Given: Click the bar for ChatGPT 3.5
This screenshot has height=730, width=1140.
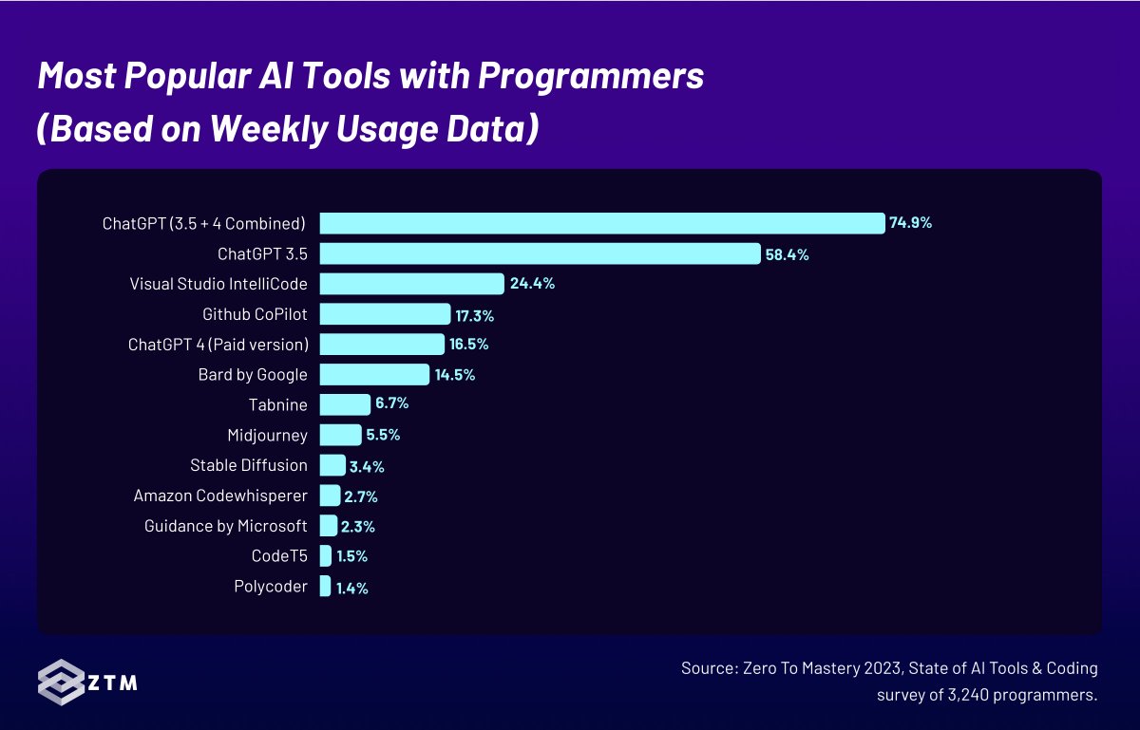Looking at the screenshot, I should [x=540, y=253].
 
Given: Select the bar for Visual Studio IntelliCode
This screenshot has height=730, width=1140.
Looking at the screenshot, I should [x=411, y=284].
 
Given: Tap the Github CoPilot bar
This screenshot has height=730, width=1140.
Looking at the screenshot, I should [x=385, y=314].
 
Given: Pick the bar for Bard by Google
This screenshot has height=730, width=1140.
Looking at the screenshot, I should [x=374, y=375].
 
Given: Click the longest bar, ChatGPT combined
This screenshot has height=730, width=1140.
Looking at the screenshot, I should [x=602, y=223].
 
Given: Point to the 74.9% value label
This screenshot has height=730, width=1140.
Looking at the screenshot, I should [x=910, y=223].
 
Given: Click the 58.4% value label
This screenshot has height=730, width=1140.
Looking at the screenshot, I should [x=787, y=254].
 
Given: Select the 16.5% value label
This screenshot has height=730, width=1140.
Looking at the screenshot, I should [x=469, y=345].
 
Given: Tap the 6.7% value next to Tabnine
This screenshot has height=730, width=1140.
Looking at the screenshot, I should [x=391, y=404].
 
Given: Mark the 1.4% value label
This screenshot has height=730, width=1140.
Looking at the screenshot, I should [x=351, y=588].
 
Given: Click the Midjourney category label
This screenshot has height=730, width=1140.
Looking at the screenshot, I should [x=267, y=436].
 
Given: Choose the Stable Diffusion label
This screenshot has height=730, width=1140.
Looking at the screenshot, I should [x=249, y=465].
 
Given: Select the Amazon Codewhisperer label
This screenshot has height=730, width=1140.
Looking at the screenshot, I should [x=220, y=496].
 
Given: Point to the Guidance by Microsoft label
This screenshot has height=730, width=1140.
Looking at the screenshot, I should [x=226, y=526].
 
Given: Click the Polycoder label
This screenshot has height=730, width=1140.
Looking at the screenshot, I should [x=271, y=587].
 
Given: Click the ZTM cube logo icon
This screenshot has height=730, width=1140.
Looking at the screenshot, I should [x=62, y=682].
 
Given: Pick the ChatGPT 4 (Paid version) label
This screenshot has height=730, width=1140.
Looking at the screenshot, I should [x=218, y=345].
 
